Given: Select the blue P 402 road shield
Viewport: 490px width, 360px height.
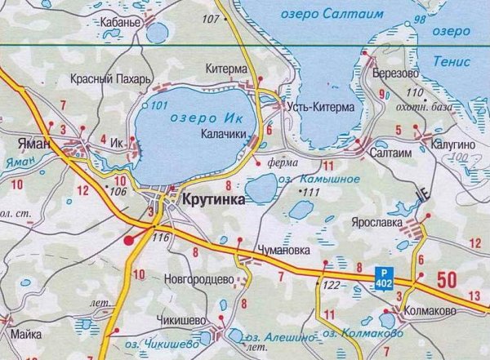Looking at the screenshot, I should click(x=384, y=277).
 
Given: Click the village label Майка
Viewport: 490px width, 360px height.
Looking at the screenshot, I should click(x=27, y=334).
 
